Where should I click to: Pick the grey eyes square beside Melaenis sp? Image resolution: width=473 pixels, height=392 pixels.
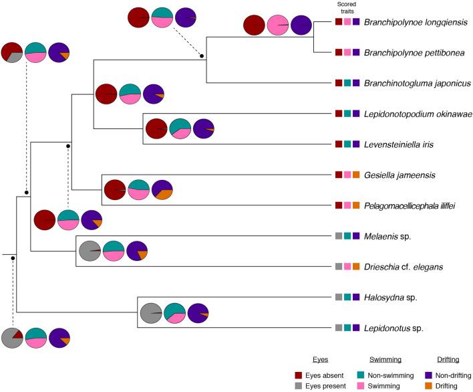tap(339, 236)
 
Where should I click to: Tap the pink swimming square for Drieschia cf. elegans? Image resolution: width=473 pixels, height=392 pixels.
tap(347, 267)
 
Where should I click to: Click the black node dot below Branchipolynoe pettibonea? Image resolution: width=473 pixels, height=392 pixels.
tap(202, 56)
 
